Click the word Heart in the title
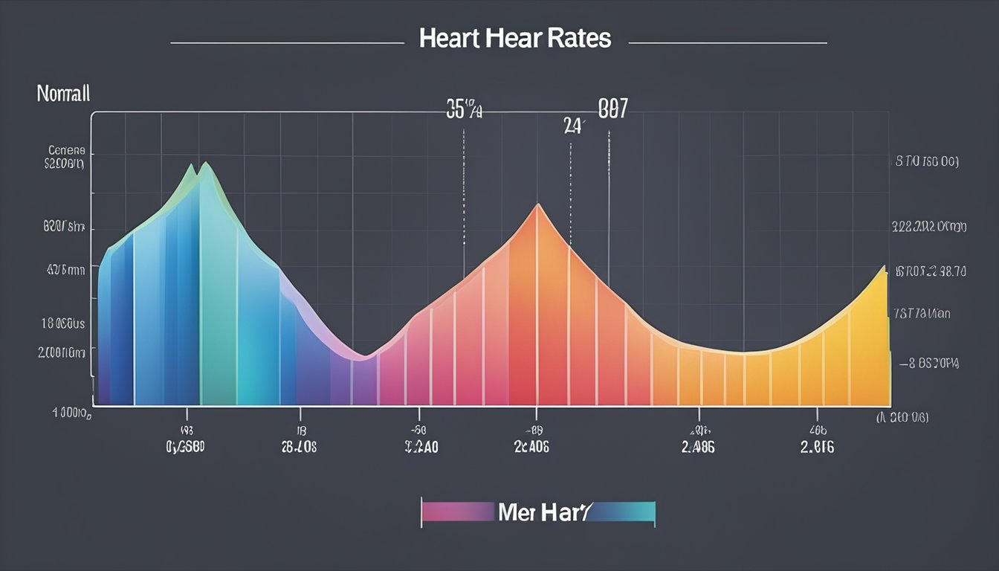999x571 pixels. pyautogui.click(x=450, y=39)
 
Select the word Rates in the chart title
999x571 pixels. pyautogui.click(x=581, y=39)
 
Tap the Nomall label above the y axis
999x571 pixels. pyautogui.click(x=63, y=94)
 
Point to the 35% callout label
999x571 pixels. pyautogui.click(x=465, y=111)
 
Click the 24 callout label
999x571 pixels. pyautogui.click(x=573, y=125)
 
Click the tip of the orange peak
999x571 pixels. pyautogui.click(x=537, y=205)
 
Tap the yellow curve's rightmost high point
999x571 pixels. pyautogui.click(x=884, y=268)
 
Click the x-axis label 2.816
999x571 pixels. pyautogui.click(x=818, y=447)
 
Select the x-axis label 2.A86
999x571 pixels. pyautogui.click(x=699, y=447)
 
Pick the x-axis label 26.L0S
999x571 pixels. pyautogui.click(x=299, y=447)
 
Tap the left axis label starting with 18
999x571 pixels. pyautogui.click(x=63, y=324)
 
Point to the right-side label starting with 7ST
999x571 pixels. pyautogui.click(x=922, y=314)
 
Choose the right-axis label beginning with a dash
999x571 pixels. pyautogui.click(x=928, y=364)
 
